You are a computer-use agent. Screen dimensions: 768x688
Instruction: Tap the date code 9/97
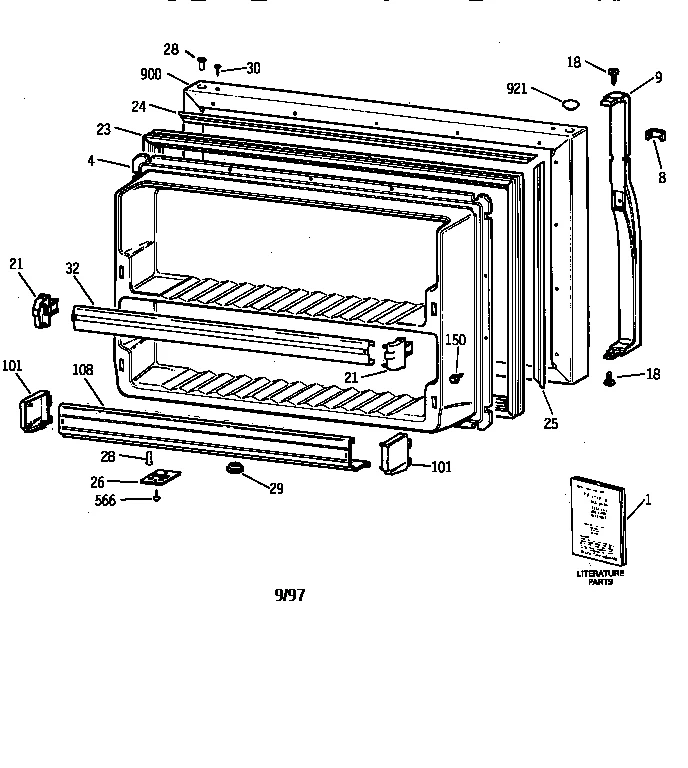click(290, 595)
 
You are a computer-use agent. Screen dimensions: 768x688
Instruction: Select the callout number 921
click(516, 90)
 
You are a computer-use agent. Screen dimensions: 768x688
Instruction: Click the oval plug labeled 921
click(569, 102)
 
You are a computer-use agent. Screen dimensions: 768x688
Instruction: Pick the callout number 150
click(455, 340)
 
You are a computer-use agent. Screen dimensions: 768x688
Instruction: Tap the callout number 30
click(253, 68)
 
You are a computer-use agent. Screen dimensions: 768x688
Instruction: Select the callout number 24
click(139, 106)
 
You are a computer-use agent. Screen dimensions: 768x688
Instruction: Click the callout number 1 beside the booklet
click(647, 500)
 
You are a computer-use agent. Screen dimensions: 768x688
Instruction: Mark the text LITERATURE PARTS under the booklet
click(600, 577)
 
